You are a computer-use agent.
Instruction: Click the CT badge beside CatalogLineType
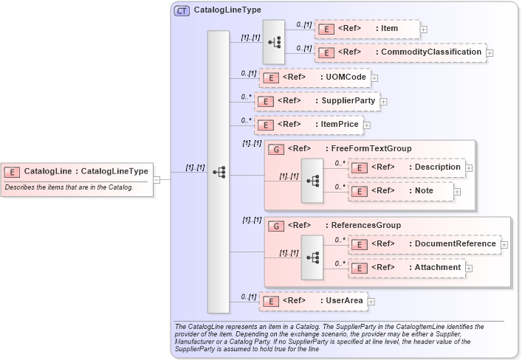click(x=181, y=10)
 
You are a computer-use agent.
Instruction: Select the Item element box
click(x=367, y=29)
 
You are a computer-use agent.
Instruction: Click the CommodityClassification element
click(x=400, y=52)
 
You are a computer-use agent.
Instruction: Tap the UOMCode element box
click(x=314, y=77)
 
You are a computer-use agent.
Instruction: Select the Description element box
click(x=407, y=167)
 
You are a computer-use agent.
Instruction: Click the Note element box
click(x=401, y=191)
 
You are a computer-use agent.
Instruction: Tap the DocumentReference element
click(x=424, y=243)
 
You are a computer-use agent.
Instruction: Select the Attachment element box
click(x=407, y=267)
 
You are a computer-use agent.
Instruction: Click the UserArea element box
click(x=313, y=301)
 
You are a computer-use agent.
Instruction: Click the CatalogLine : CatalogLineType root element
click(x=77, y=172)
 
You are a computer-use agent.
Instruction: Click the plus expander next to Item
click(x=424, y=30)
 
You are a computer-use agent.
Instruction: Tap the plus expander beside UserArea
click(x=371, y=302)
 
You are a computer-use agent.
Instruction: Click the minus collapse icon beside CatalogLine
click(x=157, y=179)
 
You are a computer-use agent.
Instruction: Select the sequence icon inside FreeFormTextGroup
click(x=313, y=180)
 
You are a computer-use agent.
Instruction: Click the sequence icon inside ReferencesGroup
click(x=313, y=256)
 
